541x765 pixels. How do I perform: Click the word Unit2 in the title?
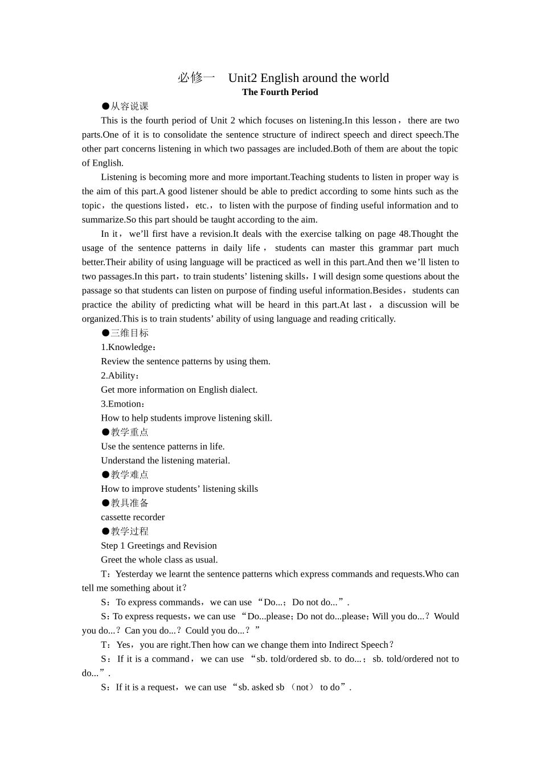(x=243, y=78)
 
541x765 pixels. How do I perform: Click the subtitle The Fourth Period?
(x=280, y=92)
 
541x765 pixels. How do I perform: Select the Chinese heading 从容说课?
(x=129, y=106)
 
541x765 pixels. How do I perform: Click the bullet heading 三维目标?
(x=129, y=333)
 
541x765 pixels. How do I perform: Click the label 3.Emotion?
(x=122, y=404)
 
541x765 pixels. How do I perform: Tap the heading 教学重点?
(x=129, y=432)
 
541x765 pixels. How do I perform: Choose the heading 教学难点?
(x=129, y=475)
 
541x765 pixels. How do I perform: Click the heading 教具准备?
(x=129, y=503)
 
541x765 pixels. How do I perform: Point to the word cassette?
(x=116, y=517)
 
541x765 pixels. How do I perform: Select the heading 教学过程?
(x=129, y=532)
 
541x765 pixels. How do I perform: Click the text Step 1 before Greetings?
(x=113, y=546)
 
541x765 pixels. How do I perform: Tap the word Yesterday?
(x=134, y=574)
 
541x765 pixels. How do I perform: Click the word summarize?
(x=103, y=220)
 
